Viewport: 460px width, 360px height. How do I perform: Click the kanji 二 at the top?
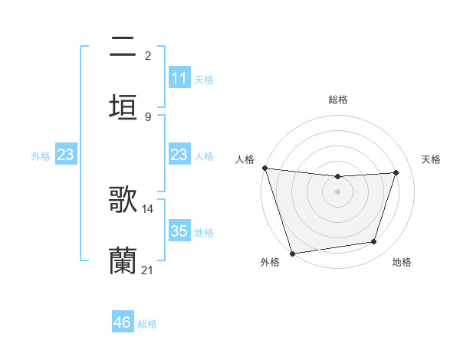click(123, 47)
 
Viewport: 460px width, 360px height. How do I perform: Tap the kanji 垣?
click(123, 106)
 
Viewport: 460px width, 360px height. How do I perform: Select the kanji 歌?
click(123, 198)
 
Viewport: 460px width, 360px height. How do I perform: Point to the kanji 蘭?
click(123, 260)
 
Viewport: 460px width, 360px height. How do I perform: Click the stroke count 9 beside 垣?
click(148, 116)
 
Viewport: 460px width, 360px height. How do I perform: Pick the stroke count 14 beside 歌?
click(148, 208)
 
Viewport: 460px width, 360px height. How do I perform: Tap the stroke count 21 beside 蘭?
click(148, 270)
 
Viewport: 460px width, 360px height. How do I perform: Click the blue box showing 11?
click(179, 78)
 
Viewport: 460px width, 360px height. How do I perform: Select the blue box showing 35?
click(179, 231)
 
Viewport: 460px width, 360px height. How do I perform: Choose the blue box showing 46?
click(123, 322)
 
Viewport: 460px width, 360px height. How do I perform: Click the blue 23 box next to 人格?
click(179, 155)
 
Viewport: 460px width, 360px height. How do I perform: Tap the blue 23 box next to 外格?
click(65, 155)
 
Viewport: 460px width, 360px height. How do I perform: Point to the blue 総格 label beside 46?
click(147, 324)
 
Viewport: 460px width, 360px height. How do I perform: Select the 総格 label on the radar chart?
click(338, 100)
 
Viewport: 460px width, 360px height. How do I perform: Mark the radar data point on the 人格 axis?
click(264, 168)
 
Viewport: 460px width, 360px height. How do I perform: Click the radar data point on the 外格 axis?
click(292, 253)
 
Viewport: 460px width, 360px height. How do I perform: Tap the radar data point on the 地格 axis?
click(374, 242)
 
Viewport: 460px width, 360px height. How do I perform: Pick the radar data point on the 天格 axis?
click(396, 172)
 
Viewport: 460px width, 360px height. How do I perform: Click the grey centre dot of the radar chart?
click(337, 191)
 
